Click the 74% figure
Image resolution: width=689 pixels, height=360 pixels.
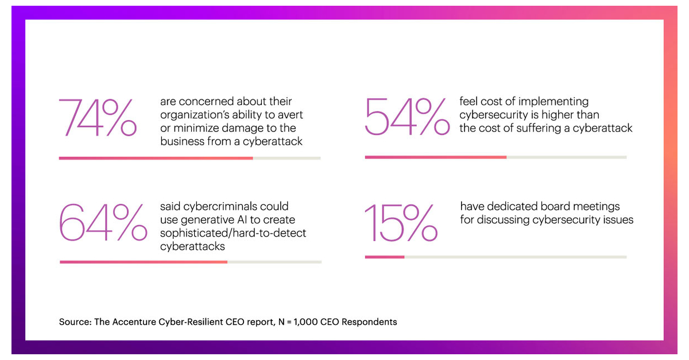[x=98, y=118]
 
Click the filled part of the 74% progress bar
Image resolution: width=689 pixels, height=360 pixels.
[x=156, y=158]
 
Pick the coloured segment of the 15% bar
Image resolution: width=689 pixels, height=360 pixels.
[x=385, y=257]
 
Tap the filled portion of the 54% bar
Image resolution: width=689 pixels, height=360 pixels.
[x=436, y=157]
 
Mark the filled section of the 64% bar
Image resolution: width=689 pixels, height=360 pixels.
[x=144, y=262]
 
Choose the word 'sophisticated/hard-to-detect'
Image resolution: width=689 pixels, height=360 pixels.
[x=233, y=233]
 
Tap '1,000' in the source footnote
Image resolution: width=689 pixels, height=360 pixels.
[x=302, y=322]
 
